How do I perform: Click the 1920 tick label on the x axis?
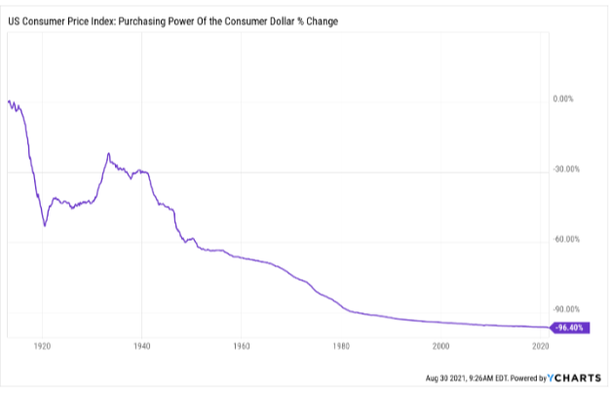point(42,345)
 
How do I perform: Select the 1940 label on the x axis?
point(141,345)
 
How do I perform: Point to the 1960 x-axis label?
point(242,345)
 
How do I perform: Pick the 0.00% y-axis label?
point(566,99)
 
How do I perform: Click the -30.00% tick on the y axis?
point(564,170)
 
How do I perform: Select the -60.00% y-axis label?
point(564,240)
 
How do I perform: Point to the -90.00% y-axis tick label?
point(564,310)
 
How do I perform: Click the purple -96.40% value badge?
point(568,328)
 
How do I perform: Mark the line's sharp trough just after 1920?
point(45,226)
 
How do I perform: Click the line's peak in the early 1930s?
point(108,153)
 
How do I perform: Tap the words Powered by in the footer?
point(532,377)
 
